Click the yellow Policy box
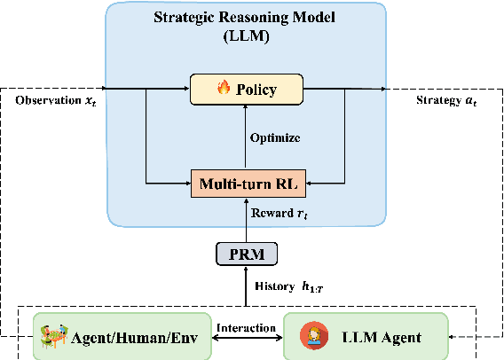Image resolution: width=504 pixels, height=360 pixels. point(246,89)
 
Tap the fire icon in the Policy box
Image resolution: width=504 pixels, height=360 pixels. point(223,90)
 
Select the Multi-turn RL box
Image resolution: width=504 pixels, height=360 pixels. point(246,184)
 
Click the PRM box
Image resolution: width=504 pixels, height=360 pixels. point(246,254)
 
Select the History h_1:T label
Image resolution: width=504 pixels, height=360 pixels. point(284,286)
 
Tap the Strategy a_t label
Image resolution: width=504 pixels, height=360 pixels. point(447,99)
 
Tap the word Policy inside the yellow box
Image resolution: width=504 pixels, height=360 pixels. point(256,90)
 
